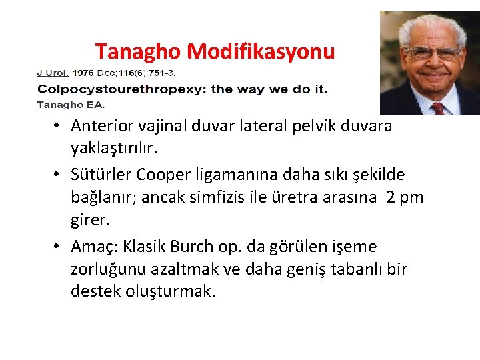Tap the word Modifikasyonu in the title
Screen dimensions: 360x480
click(261, 51)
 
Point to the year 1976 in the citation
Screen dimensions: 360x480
click(83, 72)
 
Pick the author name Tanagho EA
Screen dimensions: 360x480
click(71, 104)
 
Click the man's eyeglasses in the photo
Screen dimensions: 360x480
click(434, 53)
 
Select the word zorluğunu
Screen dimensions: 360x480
click(109, 270)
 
